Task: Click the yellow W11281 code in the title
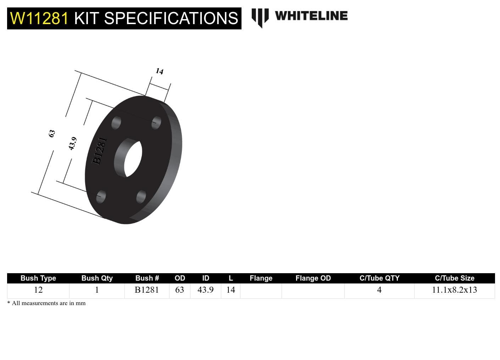point(39,18)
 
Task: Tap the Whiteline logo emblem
point(260,17)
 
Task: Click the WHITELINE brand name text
point(311,16)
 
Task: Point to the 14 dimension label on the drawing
point(160,71)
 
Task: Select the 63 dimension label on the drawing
point(52,134)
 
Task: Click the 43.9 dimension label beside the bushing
point(72,144)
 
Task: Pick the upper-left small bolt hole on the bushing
point(116,123)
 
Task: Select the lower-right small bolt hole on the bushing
point(141,197)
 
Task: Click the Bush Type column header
point(38,278)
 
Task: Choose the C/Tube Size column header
point(454,278)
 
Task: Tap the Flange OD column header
point(313,278)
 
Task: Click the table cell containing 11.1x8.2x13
point(454,290)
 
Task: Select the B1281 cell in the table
point(147,290)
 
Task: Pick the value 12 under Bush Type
point(38,290)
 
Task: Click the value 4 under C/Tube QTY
point(379,290)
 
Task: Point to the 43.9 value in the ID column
point(206,290)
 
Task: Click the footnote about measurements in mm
point(46,303)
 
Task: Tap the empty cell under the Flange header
point(261,291)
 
